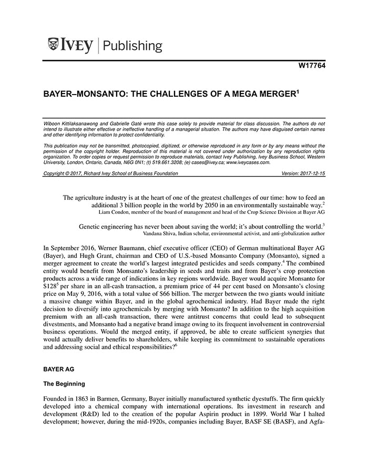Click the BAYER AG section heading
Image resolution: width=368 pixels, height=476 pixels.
click(x=58, y=370)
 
